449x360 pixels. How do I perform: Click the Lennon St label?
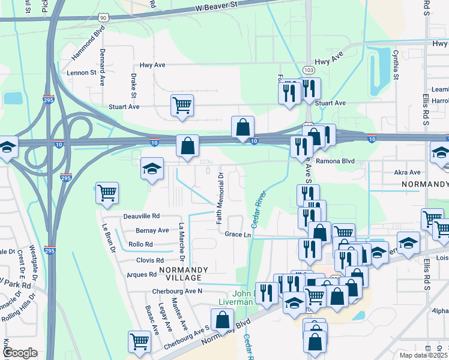[82, 73]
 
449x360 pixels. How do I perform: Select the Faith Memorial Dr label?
[220, 199]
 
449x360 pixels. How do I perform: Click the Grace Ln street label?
[238, 235]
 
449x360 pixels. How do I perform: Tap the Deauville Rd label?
[142, 216]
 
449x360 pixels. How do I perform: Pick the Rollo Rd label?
[140, 245]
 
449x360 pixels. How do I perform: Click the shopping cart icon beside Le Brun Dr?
[106, 193]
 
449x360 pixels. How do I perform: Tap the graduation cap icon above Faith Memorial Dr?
[152, 168]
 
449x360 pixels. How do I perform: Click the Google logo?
[20, 353]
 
